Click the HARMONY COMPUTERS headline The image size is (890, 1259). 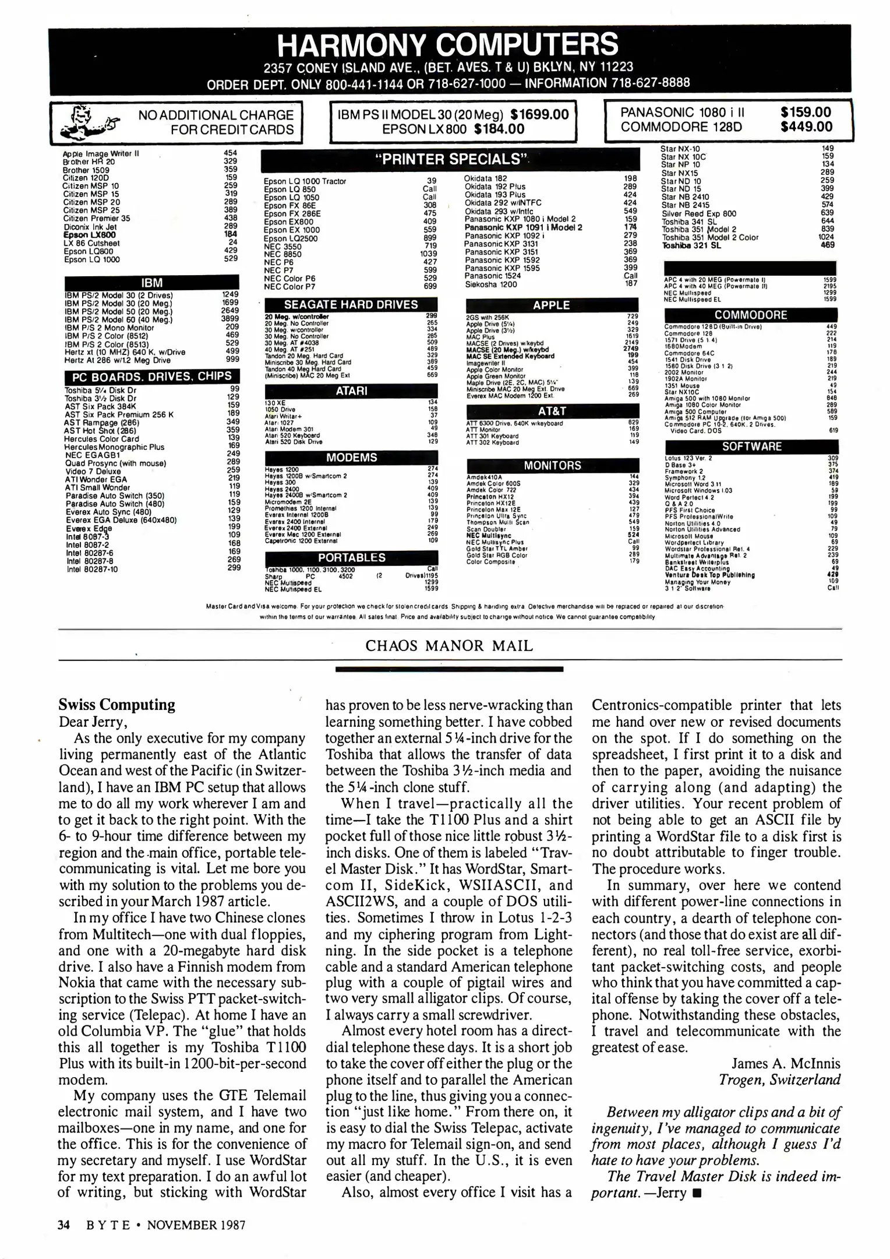click(448, 44)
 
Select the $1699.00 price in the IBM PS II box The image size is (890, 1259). click(539, 114)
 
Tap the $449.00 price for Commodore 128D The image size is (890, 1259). click(806, 126)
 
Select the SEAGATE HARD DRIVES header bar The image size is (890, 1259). click(351, 304)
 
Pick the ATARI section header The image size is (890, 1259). click(351, 391)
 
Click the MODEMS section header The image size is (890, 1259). click(351, 458)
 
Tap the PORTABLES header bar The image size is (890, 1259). click(351, 558)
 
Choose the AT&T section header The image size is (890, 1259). click(552, 411)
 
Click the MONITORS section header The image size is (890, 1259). click(552, 466)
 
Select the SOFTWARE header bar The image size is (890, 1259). click(751, 446)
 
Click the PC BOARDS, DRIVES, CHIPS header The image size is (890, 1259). click(151, 377)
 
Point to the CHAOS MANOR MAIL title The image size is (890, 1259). click(449, 646)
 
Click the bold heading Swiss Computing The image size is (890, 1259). click(116, 705)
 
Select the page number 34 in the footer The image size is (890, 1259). click(63, 1225)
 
